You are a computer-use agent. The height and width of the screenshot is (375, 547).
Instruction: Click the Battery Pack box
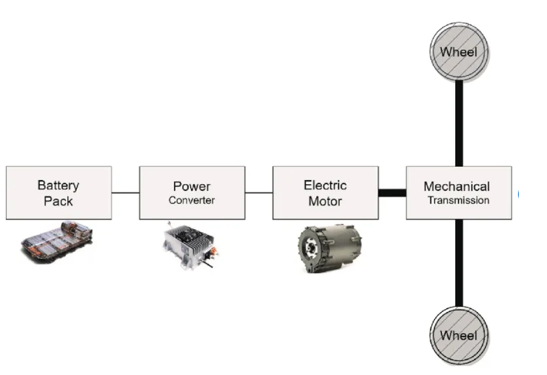click(x=59, y=193)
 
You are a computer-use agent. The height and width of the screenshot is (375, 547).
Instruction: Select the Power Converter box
click(x=192, y=193)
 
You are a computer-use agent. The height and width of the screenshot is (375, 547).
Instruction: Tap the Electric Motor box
click(x=325, y=193)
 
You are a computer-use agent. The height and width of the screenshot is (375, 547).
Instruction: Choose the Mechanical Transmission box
click(x=458, y=193)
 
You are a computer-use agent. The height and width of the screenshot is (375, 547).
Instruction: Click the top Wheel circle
click(x=459, y=51)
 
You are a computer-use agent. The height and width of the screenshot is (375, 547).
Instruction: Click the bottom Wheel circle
click(x=459, y=335)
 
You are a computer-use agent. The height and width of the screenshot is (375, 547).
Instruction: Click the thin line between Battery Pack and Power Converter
click(x=125, y=193)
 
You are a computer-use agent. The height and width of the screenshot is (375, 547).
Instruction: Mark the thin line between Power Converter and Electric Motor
click(x=258, y=193)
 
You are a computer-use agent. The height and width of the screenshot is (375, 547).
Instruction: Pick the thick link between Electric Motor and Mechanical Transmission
click(x=391, y=193)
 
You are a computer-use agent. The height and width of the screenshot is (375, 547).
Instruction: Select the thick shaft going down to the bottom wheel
click(x=459, y=264)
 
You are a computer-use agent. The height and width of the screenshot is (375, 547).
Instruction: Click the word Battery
click(x=59, y=186)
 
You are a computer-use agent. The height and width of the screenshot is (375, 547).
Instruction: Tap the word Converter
click(x=192, y=200)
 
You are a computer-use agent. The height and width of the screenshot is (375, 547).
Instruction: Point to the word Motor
click(x=325, y=201)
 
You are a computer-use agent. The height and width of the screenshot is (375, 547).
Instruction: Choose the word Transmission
click(x=458, y=200)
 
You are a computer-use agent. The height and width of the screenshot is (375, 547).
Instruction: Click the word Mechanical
click(x=457, y=186)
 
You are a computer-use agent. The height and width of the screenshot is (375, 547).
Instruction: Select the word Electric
click(x=325, y=186)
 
